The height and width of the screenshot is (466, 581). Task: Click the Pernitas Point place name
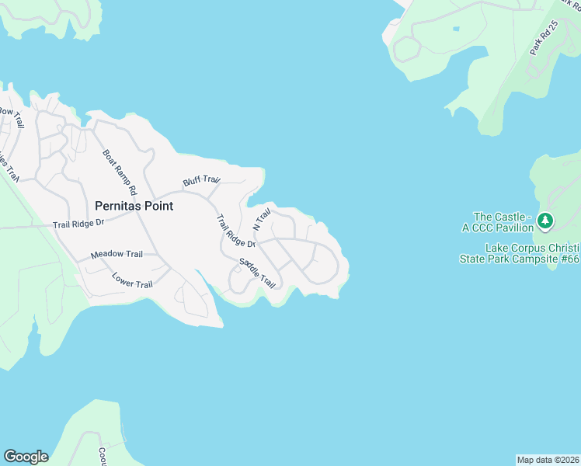pos(134,207)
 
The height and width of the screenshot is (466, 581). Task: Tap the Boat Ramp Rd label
pos(120,172)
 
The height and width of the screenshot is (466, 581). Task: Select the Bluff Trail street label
pos(201,180)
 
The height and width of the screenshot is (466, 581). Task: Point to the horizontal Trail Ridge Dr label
pos(78,224)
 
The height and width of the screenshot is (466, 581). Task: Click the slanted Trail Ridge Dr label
pos(235,231)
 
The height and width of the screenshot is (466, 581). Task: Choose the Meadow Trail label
pos(117,254)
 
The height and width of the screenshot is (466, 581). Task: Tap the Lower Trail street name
pos(132,280)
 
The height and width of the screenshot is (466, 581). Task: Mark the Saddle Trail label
pos(257,273)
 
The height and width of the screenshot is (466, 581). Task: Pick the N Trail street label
pos(262,219)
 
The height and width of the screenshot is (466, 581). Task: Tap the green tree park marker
pos(546,221)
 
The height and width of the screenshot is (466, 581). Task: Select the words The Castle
pos(502,217)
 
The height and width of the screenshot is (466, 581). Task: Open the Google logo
pos(26,457)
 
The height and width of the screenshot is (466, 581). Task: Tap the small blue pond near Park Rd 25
pos(454,29)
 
